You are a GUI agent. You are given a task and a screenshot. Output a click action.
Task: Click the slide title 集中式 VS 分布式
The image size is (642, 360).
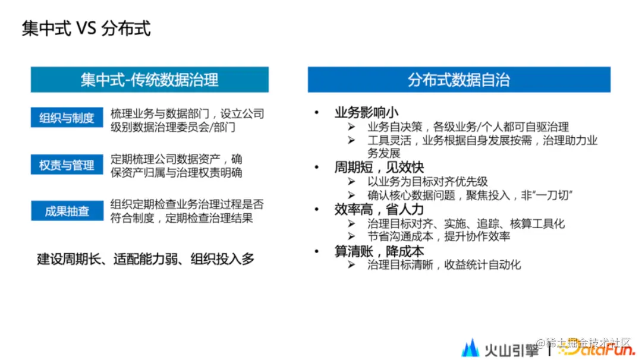(x=86, y=28)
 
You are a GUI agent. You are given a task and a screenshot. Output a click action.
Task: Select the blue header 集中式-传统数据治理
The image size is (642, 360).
(x=149, y=80)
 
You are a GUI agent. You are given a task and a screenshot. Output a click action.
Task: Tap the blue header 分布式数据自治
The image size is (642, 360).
(x=458, y=80)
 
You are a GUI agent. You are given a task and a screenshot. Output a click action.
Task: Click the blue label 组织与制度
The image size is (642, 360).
(x=67, y=118)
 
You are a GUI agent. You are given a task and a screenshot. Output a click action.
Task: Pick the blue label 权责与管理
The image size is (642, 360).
(x=67, y=165)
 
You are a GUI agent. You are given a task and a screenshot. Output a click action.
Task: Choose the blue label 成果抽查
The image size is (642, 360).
(x=67, y=211)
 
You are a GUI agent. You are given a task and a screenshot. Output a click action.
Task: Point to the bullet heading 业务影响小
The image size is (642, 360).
(x=366, y=113)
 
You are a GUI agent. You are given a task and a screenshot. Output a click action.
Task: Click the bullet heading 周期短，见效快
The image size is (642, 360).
(x=379, y=168)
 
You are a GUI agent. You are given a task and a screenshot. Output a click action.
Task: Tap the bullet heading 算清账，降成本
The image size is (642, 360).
(x=379, y=251)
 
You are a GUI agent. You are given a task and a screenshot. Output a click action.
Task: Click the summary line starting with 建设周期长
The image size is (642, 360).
(x=146, y=258)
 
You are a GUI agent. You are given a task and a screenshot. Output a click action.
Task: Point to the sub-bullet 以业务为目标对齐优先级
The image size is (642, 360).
(x=427, y=182)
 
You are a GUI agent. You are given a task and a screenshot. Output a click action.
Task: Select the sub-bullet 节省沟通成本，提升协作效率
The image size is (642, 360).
(x=439, y=236)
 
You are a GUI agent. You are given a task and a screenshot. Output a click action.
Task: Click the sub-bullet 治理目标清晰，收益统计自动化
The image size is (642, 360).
(x=444, y=264)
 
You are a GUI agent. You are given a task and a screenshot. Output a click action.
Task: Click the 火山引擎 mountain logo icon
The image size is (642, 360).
(x=470, y=347)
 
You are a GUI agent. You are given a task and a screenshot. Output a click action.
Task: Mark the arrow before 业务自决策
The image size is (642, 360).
(x=352, y=127)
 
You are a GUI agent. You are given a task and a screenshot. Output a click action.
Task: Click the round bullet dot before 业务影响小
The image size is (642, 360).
(x=317, y=113)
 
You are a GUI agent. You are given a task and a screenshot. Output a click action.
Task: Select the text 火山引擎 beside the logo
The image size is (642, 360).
(x=511, y=348)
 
